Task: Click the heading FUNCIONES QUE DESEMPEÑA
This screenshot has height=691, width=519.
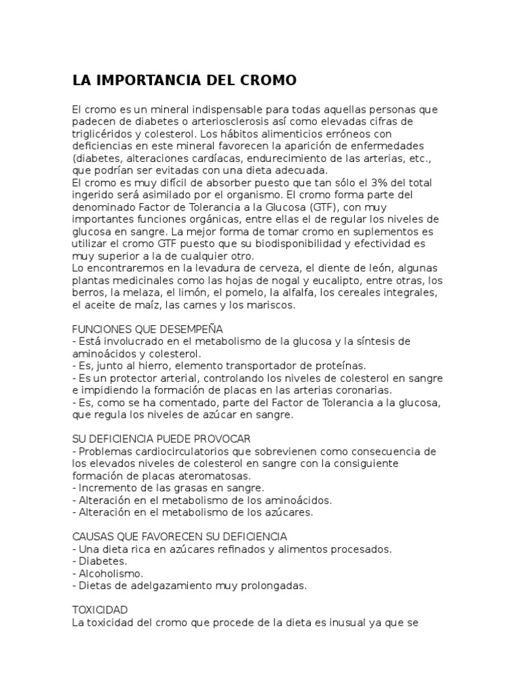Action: [147, 329]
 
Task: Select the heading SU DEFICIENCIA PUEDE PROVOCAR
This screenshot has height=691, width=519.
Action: [162, 439]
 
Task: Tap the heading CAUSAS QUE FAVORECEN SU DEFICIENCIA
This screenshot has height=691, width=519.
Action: [179, 536]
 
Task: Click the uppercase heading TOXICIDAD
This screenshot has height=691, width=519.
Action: [99, 609]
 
